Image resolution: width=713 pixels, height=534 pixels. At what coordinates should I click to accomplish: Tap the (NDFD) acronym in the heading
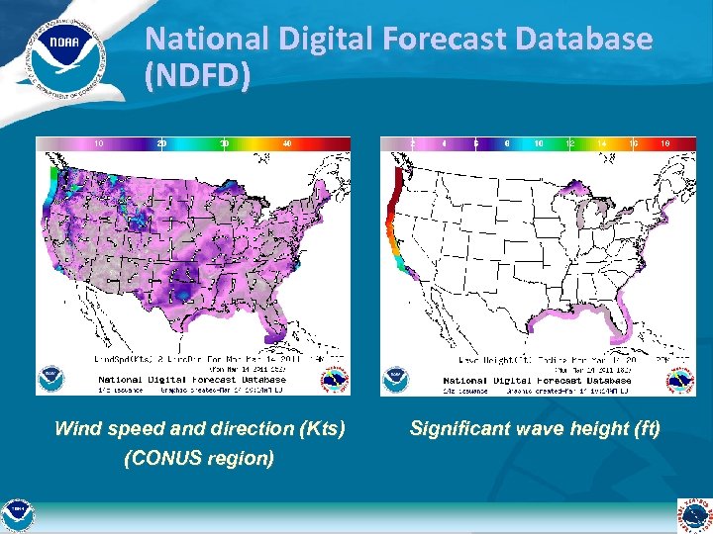(196, 75)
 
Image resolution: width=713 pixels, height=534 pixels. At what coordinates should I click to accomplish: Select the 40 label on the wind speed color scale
(287, 144)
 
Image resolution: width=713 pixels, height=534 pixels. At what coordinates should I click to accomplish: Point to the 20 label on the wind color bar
(161, 144)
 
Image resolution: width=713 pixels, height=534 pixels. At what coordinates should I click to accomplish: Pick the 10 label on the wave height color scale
(539, 144)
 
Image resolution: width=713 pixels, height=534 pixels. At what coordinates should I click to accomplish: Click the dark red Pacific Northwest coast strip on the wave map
(394, 198)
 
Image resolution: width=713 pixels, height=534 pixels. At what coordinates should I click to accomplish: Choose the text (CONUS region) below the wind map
(199, 459)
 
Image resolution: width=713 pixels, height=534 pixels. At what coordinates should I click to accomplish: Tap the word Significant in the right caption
(464, 429)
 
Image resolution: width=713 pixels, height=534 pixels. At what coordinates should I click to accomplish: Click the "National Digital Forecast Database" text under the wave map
(538, 380)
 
